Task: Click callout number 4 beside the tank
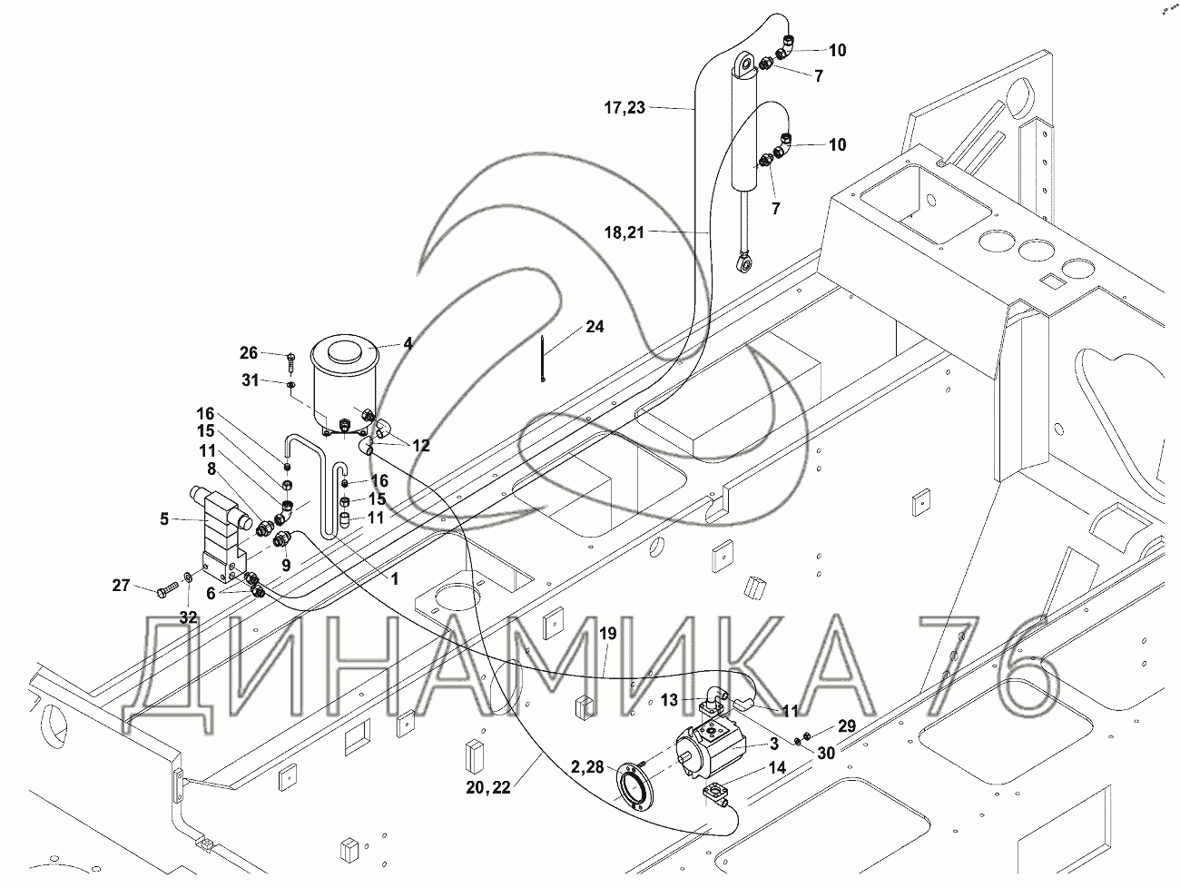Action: coord(408,343)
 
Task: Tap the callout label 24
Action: coord(594,326)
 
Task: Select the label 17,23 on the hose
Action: coord(624,108)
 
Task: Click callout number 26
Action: coord(249,352)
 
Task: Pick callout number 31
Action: coord(249,380)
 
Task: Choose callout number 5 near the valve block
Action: coord(163,519)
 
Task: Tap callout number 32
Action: coord(188,617)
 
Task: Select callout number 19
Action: coord(607,634)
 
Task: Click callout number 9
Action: coord(285,564)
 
